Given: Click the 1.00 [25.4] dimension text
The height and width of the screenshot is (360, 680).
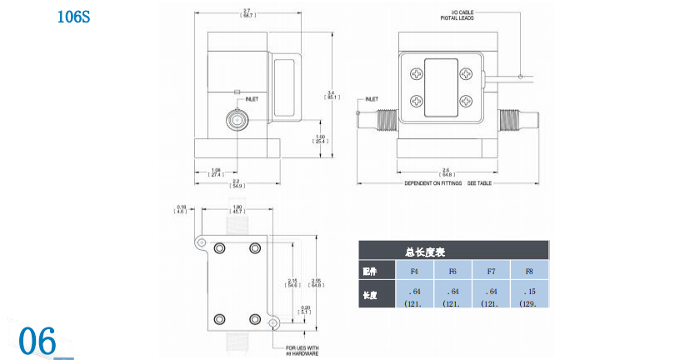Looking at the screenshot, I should [320, 138].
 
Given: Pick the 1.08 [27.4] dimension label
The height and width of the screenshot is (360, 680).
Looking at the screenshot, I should [216, 172].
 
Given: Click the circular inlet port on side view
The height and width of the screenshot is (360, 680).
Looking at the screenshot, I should [237, 121].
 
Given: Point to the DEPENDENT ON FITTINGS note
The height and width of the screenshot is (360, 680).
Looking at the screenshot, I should [433, 183].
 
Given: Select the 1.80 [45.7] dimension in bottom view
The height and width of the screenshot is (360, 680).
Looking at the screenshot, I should [236, 209].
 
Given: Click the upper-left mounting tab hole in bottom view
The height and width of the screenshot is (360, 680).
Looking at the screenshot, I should [201, 242].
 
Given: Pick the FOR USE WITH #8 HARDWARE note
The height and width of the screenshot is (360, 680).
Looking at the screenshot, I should [303, 350].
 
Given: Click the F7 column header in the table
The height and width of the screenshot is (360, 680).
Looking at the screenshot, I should [491, 272].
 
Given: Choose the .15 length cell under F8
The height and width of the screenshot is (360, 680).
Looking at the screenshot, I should [528, 292].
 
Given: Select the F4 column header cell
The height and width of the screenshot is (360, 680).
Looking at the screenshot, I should [414, 272].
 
